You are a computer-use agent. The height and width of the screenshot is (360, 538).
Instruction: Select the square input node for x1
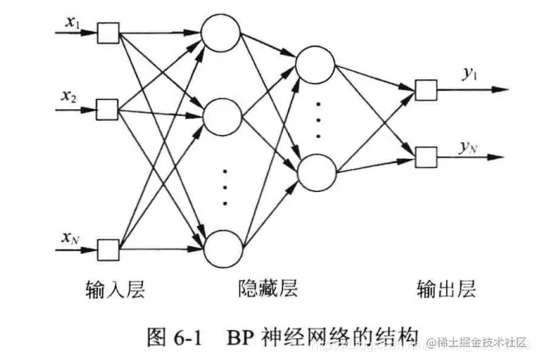[107, 33]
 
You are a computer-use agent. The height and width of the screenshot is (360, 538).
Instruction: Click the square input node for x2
[107, 107]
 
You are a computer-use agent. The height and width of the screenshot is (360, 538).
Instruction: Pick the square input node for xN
[107, 246]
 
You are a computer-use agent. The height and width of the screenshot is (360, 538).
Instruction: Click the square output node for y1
[424, 88]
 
